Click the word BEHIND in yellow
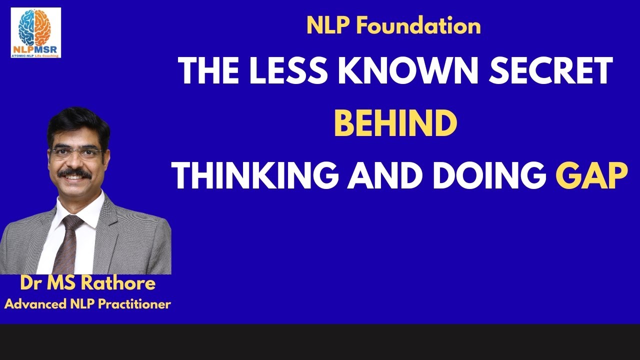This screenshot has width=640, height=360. [395, 124]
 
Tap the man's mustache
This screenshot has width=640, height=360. [74, 173]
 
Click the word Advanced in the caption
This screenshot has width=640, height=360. [32, 303]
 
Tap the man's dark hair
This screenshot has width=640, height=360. [77, 122]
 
